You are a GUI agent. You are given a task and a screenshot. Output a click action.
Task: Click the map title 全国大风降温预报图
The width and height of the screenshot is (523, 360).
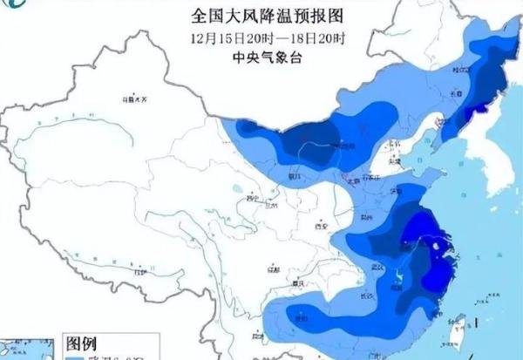[261, 15]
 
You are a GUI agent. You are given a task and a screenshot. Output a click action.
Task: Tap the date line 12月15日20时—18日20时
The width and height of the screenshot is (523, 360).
[261, 38]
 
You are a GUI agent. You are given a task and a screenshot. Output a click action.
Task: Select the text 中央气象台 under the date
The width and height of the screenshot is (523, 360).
[261, 58]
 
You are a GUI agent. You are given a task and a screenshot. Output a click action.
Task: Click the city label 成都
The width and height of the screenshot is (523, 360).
[273, 270]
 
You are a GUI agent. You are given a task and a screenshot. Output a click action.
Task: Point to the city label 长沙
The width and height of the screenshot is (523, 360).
[366, 296]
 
